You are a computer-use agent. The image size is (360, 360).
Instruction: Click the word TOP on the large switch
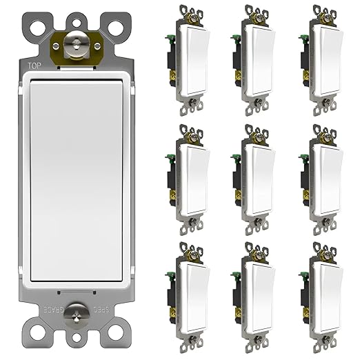33,66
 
